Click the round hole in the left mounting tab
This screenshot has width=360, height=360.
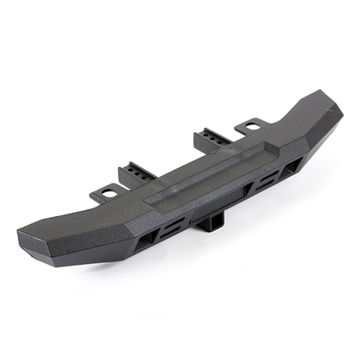click(107, 193)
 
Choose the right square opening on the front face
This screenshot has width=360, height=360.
click(293, 166)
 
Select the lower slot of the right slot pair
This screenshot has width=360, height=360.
click(267, 185)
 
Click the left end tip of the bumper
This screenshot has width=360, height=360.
click(22, 235)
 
